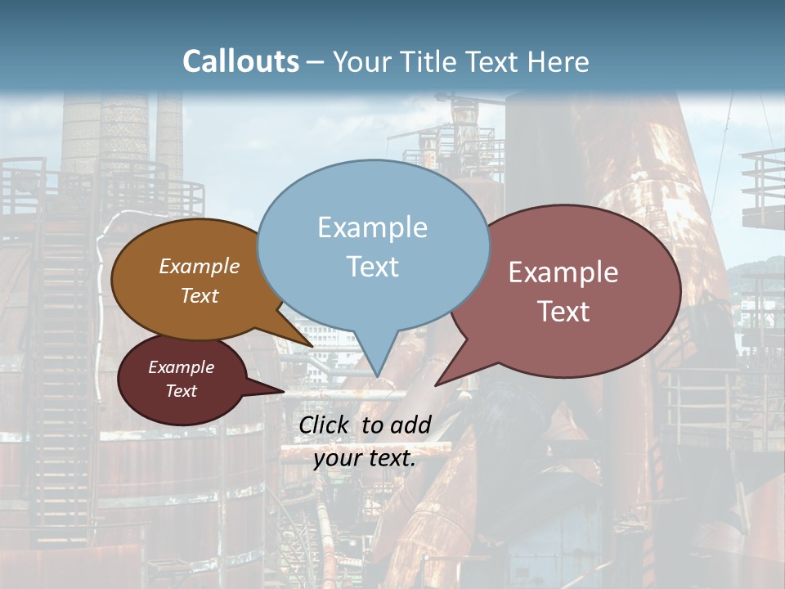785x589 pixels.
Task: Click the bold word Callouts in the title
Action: click(240, 61)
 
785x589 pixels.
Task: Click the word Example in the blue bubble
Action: click(372, 227)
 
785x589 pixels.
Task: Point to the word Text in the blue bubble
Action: click(372, 267)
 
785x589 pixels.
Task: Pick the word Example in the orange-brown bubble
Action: click(199, 266)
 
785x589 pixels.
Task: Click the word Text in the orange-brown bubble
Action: click(199, 295)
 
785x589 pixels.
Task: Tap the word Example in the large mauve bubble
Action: click(563, 272)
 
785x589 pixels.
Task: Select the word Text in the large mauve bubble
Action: click(563, 312)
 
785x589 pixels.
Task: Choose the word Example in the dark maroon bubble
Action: click(181, 367)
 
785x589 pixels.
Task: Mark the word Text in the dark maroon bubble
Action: click(181, 391)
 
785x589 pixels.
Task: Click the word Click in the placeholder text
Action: click(324, 425)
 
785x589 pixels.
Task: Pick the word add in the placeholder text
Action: click(410, 425)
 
